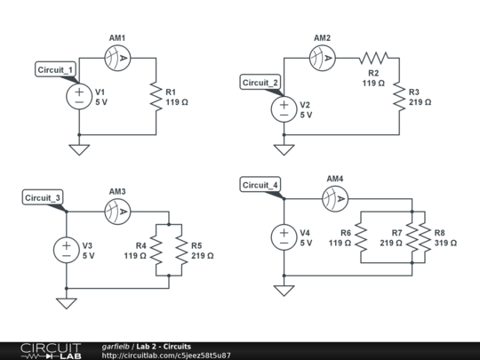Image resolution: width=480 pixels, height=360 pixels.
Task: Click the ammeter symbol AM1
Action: (117, 58)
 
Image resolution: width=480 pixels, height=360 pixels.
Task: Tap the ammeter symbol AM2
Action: (322, 58)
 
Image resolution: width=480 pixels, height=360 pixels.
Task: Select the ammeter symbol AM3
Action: (117, 211)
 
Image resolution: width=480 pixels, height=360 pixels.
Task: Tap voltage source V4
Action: (284, 236)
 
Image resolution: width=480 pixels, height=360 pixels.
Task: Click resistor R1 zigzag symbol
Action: (156, 96)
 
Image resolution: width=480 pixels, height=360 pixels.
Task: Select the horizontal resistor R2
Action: (373, 58)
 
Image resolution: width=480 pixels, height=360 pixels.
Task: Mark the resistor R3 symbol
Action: (399, 96)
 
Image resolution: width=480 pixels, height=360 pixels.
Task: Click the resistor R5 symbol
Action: (181, 249)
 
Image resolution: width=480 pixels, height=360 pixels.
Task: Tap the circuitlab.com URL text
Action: (166, 356)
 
